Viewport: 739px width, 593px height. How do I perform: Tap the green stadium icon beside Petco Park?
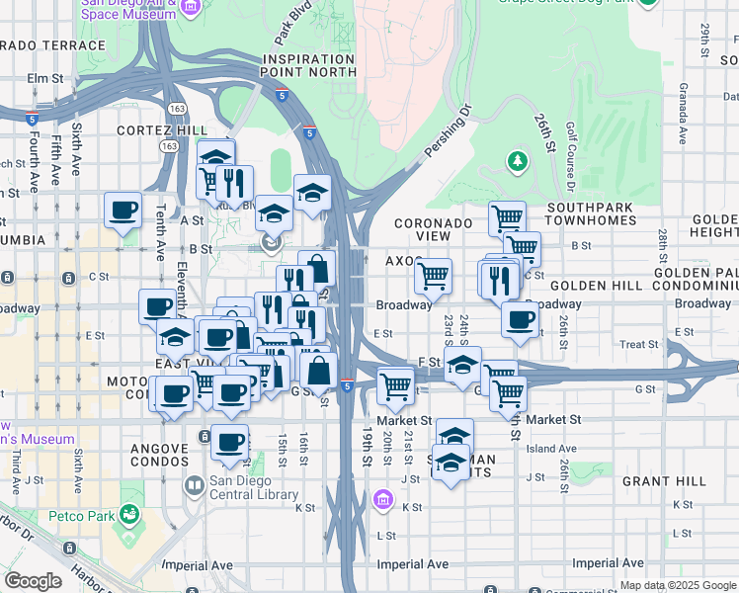(127, 514)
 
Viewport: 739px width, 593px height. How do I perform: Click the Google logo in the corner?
(33, 581)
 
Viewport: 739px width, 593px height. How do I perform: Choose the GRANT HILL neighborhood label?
(664, 481)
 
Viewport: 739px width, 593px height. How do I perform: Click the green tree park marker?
(517, 160)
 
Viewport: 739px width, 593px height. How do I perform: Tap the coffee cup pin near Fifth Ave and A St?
(123, 211)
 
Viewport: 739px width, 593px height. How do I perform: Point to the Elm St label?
(45, 77)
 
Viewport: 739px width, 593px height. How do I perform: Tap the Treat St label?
(638, 344)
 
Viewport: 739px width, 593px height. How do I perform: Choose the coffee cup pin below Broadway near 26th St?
(520, 319)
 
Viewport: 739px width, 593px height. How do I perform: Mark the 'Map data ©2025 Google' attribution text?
(677, 585)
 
